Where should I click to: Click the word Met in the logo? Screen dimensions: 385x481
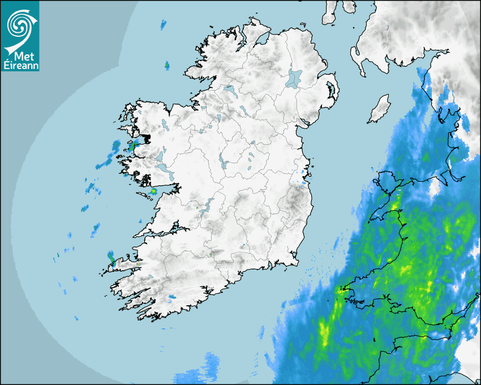pyautogui.click(x=23, y=55)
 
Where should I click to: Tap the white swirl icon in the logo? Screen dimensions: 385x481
pyautogui.click(x=19, y=25)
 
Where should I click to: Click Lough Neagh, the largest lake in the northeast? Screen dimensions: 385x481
pyautogui.click(x=294, y=78)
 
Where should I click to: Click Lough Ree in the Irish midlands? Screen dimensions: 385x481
pyautogui.click(x=225, y=163)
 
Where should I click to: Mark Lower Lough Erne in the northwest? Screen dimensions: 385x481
pyautogui.click(x=230, y=89)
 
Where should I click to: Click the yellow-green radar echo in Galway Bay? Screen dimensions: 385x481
pyautogui.click(x=153, y=192)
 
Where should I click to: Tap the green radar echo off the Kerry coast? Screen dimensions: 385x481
pyautogui.click(x=112, y=260)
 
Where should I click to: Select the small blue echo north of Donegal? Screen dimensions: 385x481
pyautogui.click(x=164, y=24)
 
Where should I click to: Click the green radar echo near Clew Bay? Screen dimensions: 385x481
pyautogui.click(x=133, y=146)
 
